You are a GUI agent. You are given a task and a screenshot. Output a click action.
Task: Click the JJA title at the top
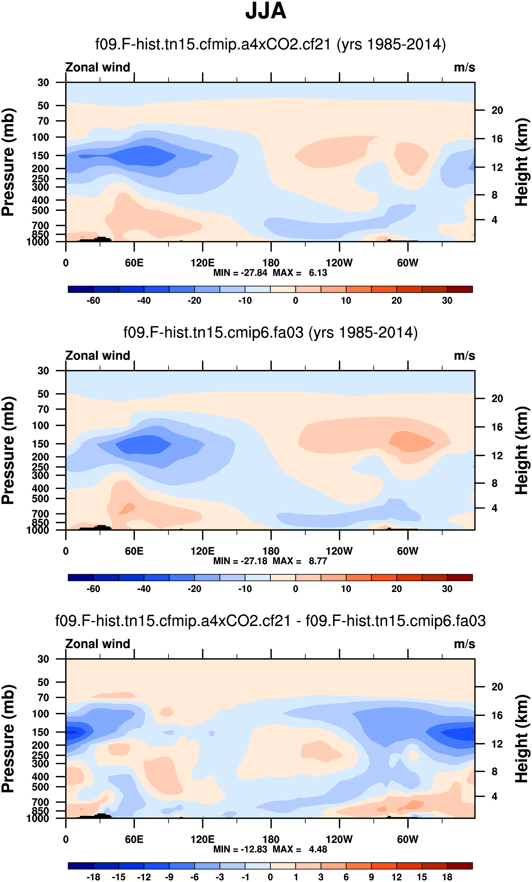tap(266, 11)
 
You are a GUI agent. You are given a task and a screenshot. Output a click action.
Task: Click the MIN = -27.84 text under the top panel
tap(240, 273)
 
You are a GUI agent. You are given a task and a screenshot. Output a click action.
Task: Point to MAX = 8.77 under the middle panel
tap(300, 561)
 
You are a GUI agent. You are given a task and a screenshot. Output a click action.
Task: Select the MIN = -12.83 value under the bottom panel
tap(240, 849)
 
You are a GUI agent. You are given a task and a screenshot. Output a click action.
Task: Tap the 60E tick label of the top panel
tap(134, 263)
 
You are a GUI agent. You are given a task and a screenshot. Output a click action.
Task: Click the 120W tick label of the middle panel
tap(339, 551)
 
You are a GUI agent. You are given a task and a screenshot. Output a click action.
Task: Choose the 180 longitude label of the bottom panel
tap(271, 839)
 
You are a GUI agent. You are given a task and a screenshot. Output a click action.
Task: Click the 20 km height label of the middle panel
tap(497, 398)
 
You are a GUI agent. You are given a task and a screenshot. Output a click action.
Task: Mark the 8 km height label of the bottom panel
tap(494, 772)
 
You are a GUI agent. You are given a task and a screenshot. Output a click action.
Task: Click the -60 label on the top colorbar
tap(93, 301)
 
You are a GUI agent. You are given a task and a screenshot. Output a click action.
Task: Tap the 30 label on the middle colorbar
tap(447, 589)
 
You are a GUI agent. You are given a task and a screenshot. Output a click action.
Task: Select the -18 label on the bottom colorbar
tap(93, 877)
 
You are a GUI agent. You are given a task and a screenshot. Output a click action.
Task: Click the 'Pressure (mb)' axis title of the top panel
tap(8, 162)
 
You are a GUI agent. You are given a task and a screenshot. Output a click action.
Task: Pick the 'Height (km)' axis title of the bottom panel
tap(522, 738)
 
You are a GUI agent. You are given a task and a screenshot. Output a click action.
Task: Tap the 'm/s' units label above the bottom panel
tap(464, 644)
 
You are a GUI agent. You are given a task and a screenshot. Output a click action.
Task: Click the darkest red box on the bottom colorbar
tap(460, 866)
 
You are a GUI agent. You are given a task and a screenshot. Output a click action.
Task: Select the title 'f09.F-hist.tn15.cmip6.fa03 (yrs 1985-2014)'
tap(270, 332)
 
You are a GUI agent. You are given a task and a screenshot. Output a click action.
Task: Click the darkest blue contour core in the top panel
tap(143, 156)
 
